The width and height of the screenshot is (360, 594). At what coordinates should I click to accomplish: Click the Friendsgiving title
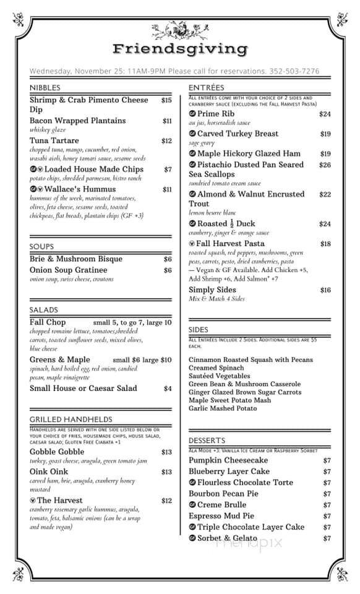click(x=180, y=49)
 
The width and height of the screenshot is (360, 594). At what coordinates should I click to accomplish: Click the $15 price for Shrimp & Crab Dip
click(x=166, y=100)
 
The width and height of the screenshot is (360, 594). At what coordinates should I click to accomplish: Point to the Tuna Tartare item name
click(x=54, y=141)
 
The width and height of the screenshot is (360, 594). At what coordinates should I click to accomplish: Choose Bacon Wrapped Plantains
click(x=77, y=121)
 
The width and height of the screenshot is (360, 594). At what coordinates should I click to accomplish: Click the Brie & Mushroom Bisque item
click(x=76, y=259)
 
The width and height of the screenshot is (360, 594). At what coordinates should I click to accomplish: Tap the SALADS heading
click(x=43, y=309)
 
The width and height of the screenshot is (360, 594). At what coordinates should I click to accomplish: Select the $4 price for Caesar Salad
click(x=168, y=389)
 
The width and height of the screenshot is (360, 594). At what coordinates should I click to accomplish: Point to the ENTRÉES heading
click(x=206, y=88)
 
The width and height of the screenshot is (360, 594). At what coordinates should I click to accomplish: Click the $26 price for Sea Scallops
click(x=325, y=165)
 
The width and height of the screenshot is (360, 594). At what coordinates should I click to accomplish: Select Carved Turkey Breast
click(x=238, y=134)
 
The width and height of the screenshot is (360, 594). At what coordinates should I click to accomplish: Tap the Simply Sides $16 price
click(x=325, y=290)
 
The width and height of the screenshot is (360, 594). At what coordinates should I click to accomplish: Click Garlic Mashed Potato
click(x=223, y=408)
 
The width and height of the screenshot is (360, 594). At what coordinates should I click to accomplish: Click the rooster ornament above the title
click(x=180, y=30)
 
